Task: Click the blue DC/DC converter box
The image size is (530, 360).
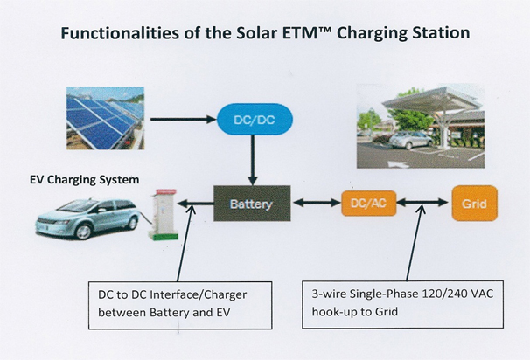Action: (255, 120)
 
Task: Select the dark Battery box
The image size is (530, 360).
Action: (252, 204)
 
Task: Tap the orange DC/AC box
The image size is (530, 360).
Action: (368, 204)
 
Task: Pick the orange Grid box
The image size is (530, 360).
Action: (475, 204)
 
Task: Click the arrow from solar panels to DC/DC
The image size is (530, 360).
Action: (183, 119)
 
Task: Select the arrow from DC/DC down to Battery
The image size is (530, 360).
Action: (253, 160)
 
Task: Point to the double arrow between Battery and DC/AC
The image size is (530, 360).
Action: (317, 203)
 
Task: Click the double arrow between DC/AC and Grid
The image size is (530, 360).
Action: (422, 203)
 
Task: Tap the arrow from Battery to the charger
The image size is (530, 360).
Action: (195, 204)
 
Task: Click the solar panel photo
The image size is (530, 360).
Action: (106, 118)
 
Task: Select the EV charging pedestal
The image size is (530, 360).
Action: (164, 215)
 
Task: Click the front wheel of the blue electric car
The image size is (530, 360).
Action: (83, 232)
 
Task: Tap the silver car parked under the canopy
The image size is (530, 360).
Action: (409, 140)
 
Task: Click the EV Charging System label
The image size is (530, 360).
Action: (85, 179)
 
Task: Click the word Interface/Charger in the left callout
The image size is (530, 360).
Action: (198, 294)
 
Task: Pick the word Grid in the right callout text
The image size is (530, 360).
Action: (386, 311)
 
